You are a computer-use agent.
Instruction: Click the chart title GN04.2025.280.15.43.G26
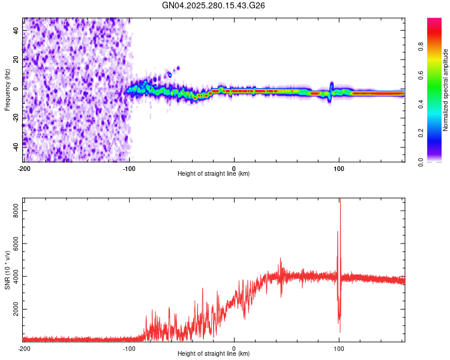click(214, 5)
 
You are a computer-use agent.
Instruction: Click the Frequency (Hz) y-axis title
click(7, 90)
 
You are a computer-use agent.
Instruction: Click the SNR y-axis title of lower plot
click(7, 272)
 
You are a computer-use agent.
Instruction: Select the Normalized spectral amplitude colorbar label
click(446, 90)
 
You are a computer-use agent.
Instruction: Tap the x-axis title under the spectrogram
click(214, 173)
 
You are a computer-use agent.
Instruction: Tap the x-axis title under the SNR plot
click(214, 353)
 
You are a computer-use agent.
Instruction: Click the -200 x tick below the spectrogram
click(24, 167)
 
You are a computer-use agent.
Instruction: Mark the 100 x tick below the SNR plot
click(339, 347)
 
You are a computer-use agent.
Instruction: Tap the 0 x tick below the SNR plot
click(234, 347)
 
